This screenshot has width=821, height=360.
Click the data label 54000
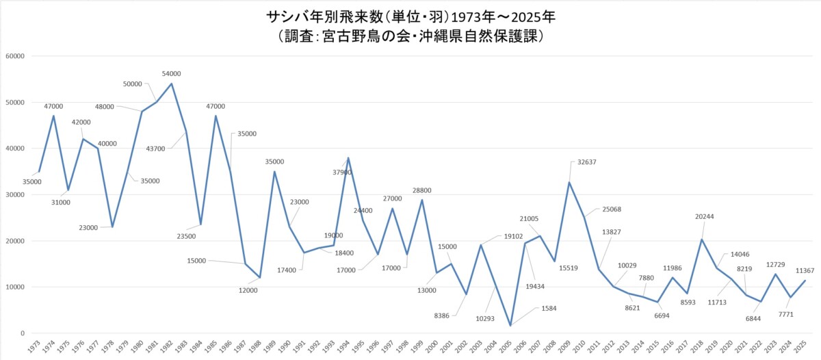point(171,73)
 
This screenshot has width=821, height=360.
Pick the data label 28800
point(421,190)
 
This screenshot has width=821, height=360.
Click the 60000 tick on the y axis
point(14,56)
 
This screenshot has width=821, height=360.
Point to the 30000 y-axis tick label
point(14,195)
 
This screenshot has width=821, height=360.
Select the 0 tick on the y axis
point(23,333)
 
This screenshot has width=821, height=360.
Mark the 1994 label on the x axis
point(347,346)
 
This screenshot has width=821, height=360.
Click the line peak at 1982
point(171,83)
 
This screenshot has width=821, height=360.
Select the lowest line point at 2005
point(510,326)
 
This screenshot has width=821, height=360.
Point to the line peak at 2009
point(569,182)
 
